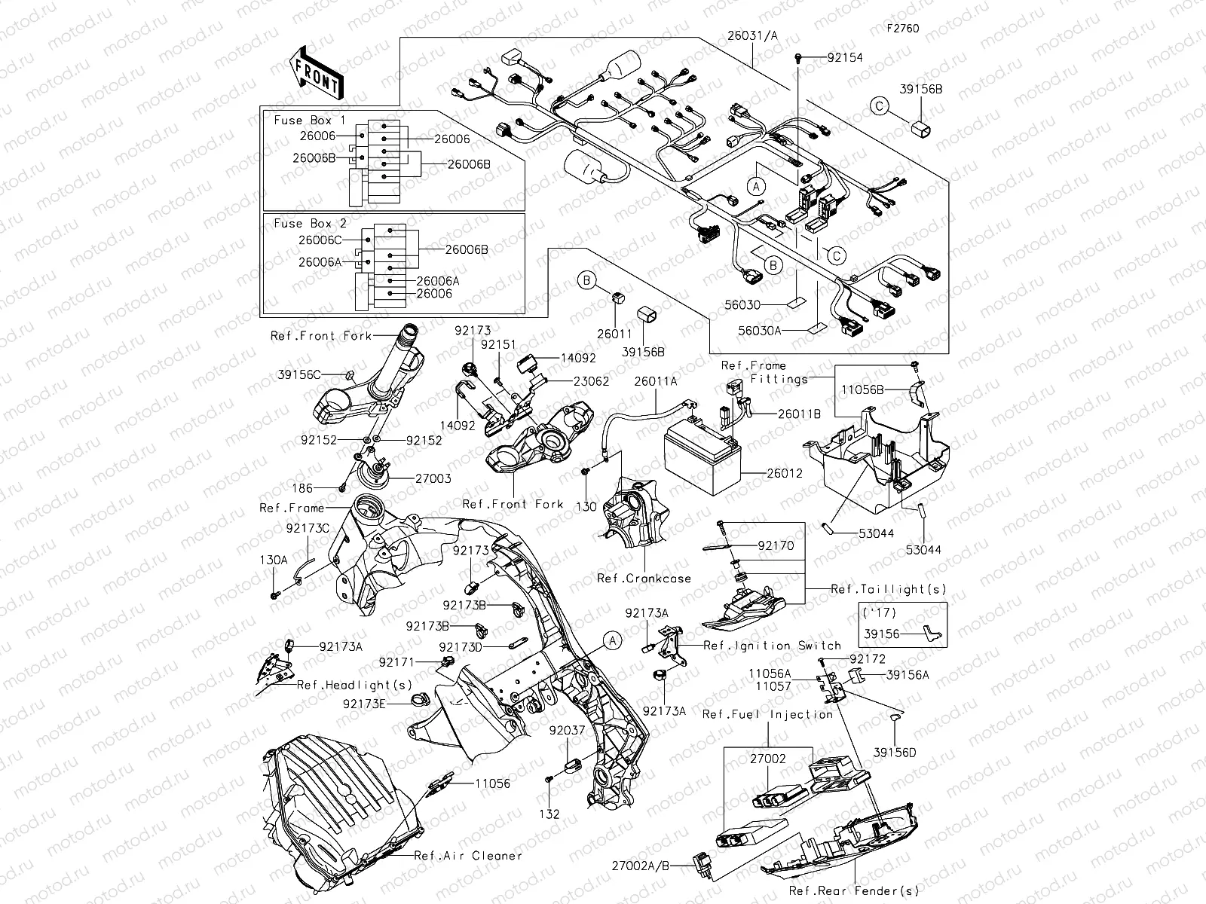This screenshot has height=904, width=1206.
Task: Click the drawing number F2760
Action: (903, 29)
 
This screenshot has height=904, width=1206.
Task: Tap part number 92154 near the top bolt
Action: (845, 57)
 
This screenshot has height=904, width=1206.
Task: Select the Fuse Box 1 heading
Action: (309, 121)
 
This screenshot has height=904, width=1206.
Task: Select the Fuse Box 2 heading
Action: (309, 224)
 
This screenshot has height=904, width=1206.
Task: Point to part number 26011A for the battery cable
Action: (655, 382)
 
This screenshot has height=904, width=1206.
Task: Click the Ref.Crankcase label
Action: (644, 579)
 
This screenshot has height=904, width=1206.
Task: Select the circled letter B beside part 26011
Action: (587, 281)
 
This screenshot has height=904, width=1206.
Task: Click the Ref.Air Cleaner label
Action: (467, 856)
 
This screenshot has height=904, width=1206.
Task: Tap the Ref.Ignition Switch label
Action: (772, 646)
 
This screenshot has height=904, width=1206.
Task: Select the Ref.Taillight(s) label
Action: (888, 589)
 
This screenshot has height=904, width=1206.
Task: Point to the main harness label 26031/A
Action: (753, 35)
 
